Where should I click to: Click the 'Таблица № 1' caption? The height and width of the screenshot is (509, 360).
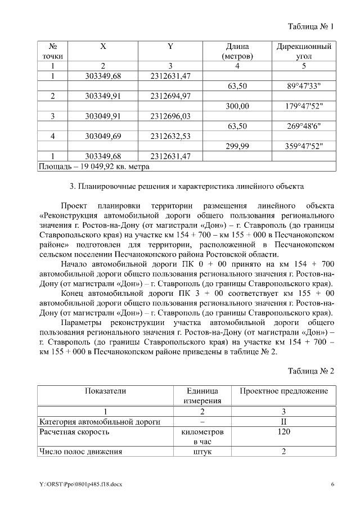[x=311, y=26]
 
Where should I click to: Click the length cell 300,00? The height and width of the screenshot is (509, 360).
[x=237, y=106]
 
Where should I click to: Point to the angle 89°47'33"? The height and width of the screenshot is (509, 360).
[x=304, y=86]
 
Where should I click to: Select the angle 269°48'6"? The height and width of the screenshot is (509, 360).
[x=304, y=126]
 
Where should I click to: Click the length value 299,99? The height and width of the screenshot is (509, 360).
[x=237, y=146]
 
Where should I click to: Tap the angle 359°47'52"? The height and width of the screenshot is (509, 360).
[x=304, y=146]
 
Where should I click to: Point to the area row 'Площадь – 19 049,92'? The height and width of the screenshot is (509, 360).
[x=93, y=166]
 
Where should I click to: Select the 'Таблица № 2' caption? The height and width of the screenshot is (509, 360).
[x=311, y=371]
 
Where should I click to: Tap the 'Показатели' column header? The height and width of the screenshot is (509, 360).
[x=105, y=391]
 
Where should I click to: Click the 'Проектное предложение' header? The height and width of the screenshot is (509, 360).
[x=283, y=391]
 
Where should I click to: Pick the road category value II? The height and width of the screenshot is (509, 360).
[x=284, y=421]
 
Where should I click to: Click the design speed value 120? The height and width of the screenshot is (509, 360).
[x=284, y=431]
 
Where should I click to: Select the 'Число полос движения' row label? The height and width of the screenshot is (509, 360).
[x=80, y=452]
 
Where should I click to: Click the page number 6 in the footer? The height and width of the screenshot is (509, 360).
[x=332, y=484]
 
